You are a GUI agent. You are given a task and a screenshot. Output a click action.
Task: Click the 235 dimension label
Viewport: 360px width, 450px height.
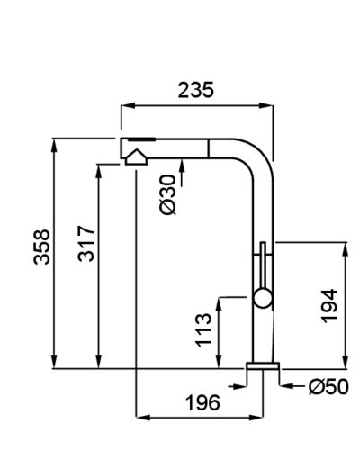tap(196, 90)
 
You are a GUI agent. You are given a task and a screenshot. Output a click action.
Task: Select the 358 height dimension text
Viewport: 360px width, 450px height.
tap(41, 247)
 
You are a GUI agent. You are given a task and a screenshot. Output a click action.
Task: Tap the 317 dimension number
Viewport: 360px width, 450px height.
tap(86, 244)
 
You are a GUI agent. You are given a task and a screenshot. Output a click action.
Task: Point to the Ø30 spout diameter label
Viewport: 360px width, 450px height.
tap(167, 194)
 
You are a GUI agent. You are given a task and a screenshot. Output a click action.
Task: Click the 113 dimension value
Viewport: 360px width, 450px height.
tap(203, 330)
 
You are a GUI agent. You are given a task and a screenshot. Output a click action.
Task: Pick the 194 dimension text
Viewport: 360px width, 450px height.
tap(329, 306)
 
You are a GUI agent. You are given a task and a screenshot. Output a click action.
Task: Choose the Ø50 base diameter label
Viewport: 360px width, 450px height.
tap(328, 387)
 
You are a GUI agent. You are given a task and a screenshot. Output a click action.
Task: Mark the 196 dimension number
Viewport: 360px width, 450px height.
tap(202, 402)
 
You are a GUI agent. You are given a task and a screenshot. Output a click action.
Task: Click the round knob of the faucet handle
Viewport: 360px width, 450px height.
tap(263, 298)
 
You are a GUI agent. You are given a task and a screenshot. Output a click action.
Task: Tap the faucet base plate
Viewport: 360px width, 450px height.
tap(263, 365)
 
